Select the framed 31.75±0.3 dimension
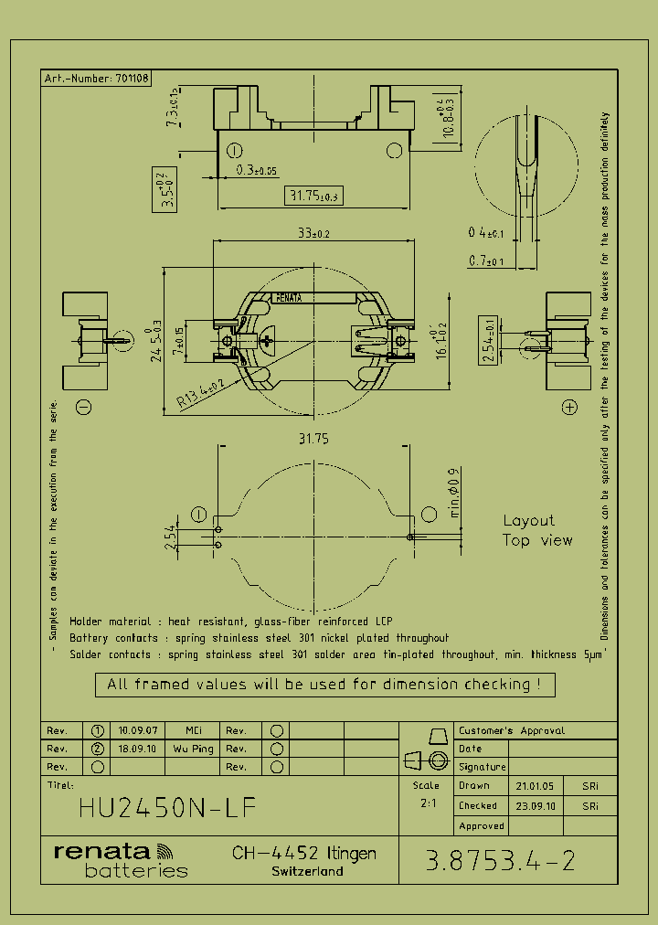313,196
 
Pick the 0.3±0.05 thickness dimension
257,170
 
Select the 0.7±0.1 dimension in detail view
486,261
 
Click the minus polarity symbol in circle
83,407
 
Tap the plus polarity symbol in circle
570,407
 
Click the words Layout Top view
536,530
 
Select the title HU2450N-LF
167,808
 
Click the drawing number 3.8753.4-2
501,860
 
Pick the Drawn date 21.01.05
534,786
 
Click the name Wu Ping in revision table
193,748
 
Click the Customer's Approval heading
511,730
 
